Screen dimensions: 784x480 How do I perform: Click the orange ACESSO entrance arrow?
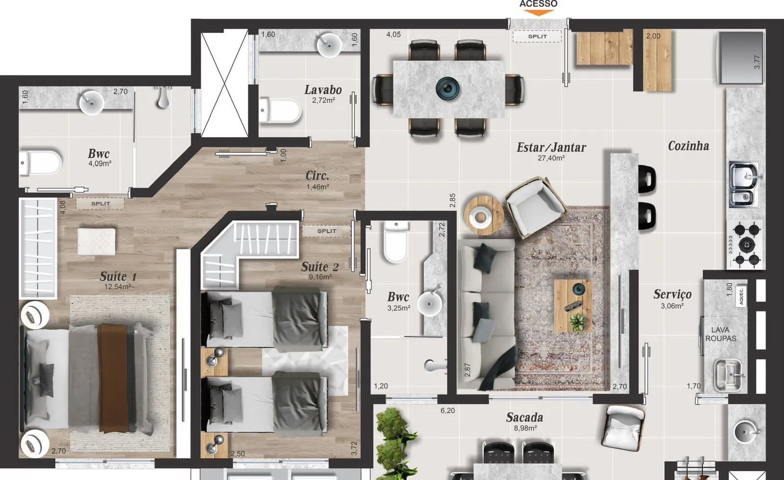click(x=539, y=13)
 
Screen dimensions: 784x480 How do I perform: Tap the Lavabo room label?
click(x=323, y=90)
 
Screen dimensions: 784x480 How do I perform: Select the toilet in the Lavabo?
click(x=280, y=111)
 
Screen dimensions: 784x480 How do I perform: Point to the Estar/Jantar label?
click(x=551, y=147)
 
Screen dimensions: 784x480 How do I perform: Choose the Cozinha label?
click(x=688, y=146)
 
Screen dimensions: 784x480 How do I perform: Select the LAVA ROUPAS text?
click(x=721, y=334)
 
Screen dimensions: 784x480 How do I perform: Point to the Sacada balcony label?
click(x=525, y=417)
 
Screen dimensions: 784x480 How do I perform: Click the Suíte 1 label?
click(x=118, y=276)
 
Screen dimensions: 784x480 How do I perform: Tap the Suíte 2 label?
click(x=320, y=267)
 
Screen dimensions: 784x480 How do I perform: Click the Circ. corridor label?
click(x=318, y=175)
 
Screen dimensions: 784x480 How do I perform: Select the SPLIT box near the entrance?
click(x=537, y=36)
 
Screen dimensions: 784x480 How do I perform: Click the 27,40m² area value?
click(x=551, y=158)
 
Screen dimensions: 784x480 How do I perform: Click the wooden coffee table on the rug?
click(x=573, y=306)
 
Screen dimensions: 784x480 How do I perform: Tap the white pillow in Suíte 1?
click(x=96, y=241)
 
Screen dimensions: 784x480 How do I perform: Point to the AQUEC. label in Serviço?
click(x=740, y=296)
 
